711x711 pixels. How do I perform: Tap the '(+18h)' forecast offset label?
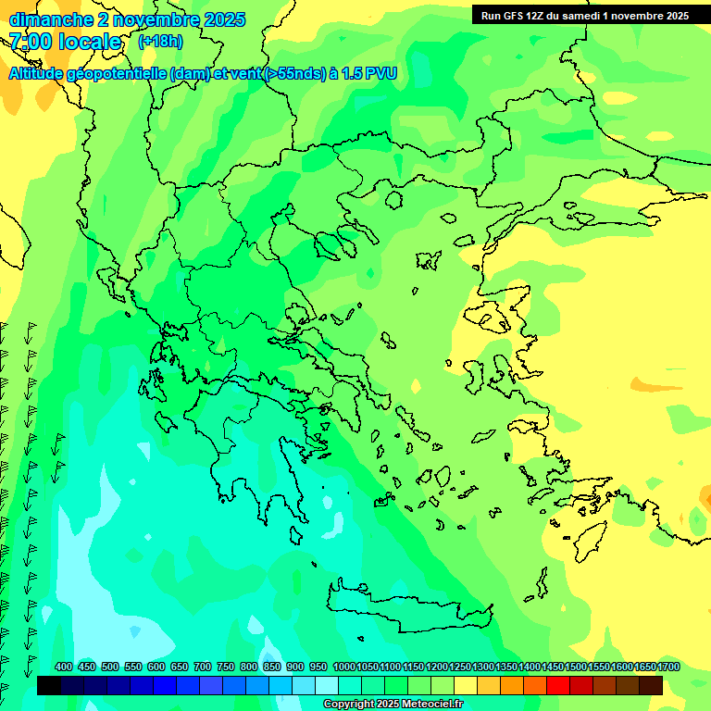(160, 42)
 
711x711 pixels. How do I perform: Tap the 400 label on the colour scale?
(64, 667)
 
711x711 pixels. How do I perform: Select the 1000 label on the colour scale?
(343, 667)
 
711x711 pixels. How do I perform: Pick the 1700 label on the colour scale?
(668, 667)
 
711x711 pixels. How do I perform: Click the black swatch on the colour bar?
(49, 686)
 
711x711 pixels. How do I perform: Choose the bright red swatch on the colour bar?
(558, 686)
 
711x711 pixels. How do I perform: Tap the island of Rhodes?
(591, 540)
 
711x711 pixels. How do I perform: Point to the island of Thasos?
(394, 199)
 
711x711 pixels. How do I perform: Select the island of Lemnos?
(428, 260)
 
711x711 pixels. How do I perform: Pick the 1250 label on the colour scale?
(460, 667)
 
